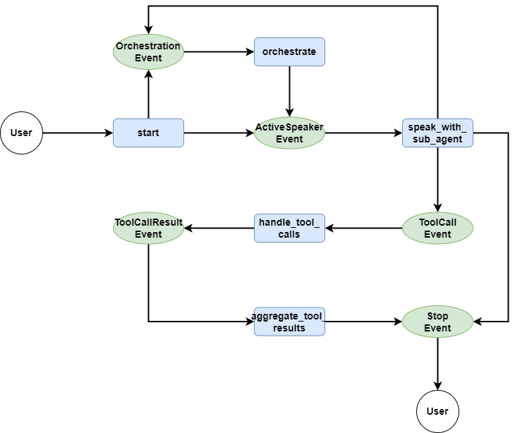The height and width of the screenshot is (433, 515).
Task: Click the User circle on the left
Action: pyautogui.click(x=21, y=133)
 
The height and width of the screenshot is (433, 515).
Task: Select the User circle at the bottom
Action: pyautogui.click(x=437, y=411)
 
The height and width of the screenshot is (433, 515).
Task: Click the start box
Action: pyautogui.click(x=148, y=133)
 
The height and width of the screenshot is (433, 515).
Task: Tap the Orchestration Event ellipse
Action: pyautogui.click(x=148, y=51)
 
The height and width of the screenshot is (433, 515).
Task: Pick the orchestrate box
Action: pyautogui.click(x=289, y=51)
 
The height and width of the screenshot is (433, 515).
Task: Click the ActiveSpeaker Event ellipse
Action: pyautogui.click(x=289, y=133)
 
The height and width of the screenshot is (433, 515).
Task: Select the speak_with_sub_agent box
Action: pyautogui.click(x=437, y=133)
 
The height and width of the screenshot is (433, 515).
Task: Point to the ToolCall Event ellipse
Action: pyautogui.click(x=437, y=228)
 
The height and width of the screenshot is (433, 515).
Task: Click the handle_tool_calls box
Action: pyautogui.click(x=289, y=228)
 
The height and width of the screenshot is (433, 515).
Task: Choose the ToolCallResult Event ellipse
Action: pyautogui.click(x=148, y=228)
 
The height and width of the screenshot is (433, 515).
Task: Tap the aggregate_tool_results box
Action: pyautogui.click(x=289, y=322)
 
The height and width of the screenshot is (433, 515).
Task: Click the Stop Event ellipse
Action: pyautogui.click(x=437, y=322)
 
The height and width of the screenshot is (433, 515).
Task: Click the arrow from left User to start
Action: pyautogui.click(x=78, y=133)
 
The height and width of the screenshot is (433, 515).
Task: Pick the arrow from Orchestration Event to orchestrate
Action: pyautogui.click(x=219, y=51)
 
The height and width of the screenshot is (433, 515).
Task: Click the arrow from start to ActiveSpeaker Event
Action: pyautogui.click(x=219, y=133)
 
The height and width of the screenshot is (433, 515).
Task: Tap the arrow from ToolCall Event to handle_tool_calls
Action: pyautogui.click(x=363, y=228)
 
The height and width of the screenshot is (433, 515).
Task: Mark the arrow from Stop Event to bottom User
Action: pyautogui.click(x=437, y=363)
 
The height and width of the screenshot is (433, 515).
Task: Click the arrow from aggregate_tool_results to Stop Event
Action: pyautogui.click(x=363, y=322)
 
